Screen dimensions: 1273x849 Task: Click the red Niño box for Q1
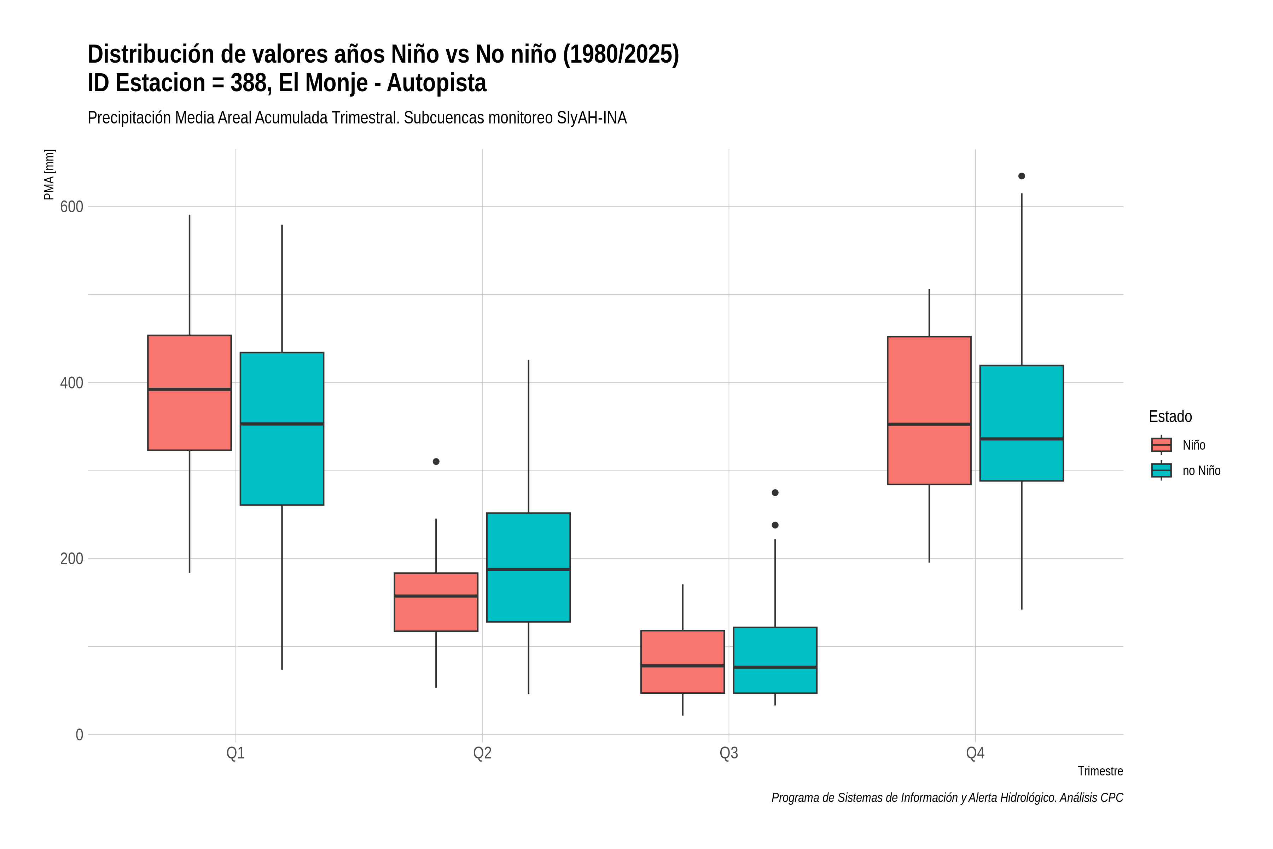tap(190, 393)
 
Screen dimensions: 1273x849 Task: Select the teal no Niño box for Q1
tap(282, 429)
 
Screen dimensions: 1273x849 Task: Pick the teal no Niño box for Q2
tap(528, 567)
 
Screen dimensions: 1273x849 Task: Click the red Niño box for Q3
tap(682, 662)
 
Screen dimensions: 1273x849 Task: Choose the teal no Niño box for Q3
tap(775, 660)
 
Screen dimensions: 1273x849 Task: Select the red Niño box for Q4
tap(929, 410)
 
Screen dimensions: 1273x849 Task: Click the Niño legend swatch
tap(1162, 445)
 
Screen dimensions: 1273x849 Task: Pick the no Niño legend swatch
tap(1162, 470)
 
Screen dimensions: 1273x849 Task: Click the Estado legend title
tap(1170, 416)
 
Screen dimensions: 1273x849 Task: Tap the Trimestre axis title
tap(1100, 771)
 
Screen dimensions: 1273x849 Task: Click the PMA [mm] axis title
tap(49, 175)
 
